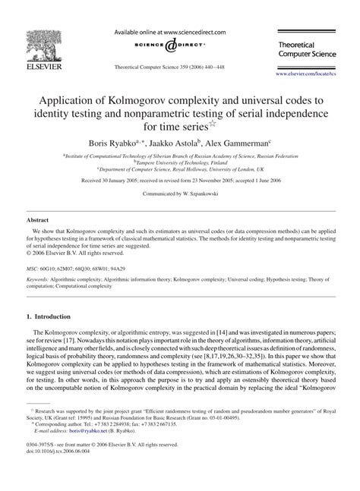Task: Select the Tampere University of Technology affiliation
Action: click(x=181, y=162)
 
